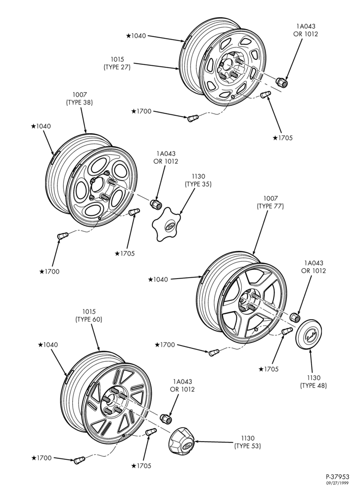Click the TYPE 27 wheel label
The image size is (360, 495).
pyautogui.click(x=117, y=63)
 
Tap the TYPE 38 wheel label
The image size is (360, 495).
pyautogui.click(x=80, y=98)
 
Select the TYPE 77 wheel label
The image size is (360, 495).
pyautogui.click(x=270, y=202)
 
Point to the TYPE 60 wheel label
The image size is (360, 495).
pyautogui.click(x=89, y=315)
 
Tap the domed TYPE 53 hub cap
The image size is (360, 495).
pyautogui.click(x=182, y=441)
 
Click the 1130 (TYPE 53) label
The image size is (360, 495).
pyautogui.click(x=248, y=442)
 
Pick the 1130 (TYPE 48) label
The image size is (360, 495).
pyautogui.click(x=314, y=381)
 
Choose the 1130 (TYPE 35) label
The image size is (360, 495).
pyautogui.click(x=198, y=180)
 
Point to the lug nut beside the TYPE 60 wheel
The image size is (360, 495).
pyautogui.click(x=166, y=419)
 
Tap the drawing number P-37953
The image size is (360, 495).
pyautogui.click(x=337, y=477)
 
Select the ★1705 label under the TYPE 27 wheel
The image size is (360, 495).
pyautogui.click(x=283, y=138)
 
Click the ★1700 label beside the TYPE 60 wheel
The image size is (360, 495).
pyautogui.click(x=42, y=458)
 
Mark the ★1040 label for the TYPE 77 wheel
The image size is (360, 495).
pyautogui.click(x=158, y=279)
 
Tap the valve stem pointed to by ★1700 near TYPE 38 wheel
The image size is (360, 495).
pyautogui.click(x=62, y=236)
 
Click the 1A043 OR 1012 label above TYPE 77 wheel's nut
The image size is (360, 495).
pyautogui.click(x=314, y=267)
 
